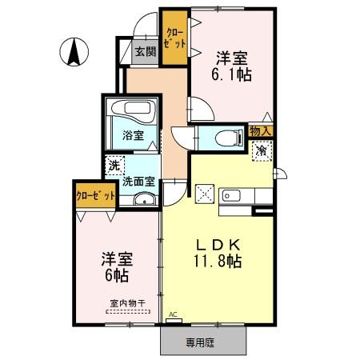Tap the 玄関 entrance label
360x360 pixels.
144,54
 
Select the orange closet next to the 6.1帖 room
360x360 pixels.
172,38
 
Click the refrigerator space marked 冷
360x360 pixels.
261,149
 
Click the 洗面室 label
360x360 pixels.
138,182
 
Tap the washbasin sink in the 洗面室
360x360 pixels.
144,199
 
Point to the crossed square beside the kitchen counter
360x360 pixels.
203,193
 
